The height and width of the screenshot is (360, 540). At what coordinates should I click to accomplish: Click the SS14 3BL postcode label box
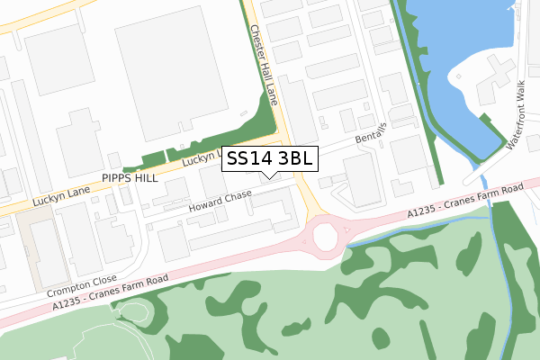pos(269,159)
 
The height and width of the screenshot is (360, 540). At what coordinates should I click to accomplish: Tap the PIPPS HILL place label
pos(130,178)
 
